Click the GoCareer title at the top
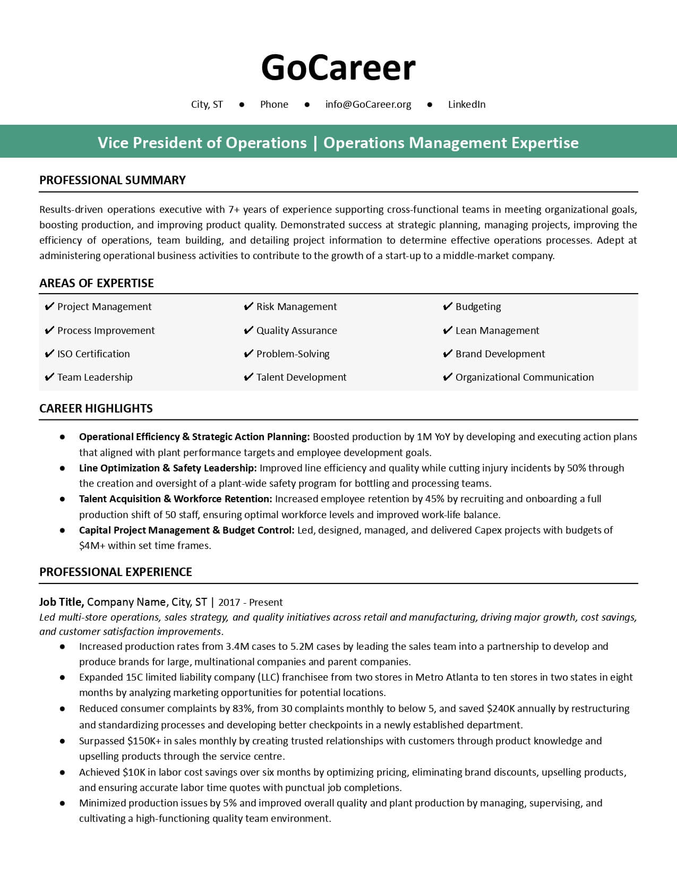coord(338,68)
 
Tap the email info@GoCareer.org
coord(368,105)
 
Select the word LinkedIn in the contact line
coord(466,105)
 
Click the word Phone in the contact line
coord(274,105)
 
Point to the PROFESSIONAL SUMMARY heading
coord(113,181)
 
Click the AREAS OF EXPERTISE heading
coord(97,284)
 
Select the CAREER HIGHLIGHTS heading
coord(96,409)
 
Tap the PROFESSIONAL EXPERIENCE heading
coord(116,572)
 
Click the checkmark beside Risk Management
coord(248,307)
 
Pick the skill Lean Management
coord(497,331)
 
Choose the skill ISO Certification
coord(93,354)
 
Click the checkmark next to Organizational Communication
coord(447,377)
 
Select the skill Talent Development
coord(301,377)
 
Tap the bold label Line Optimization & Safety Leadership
coord(168,468)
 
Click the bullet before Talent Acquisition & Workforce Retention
coord(63,499)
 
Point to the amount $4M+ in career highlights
coord(92,546)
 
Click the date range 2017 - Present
coord(250,603)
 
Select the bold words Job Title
coord(61,602)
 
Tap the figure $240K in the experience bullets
coord(501,709)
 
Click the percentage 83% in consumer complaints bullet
coord(244,709)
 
